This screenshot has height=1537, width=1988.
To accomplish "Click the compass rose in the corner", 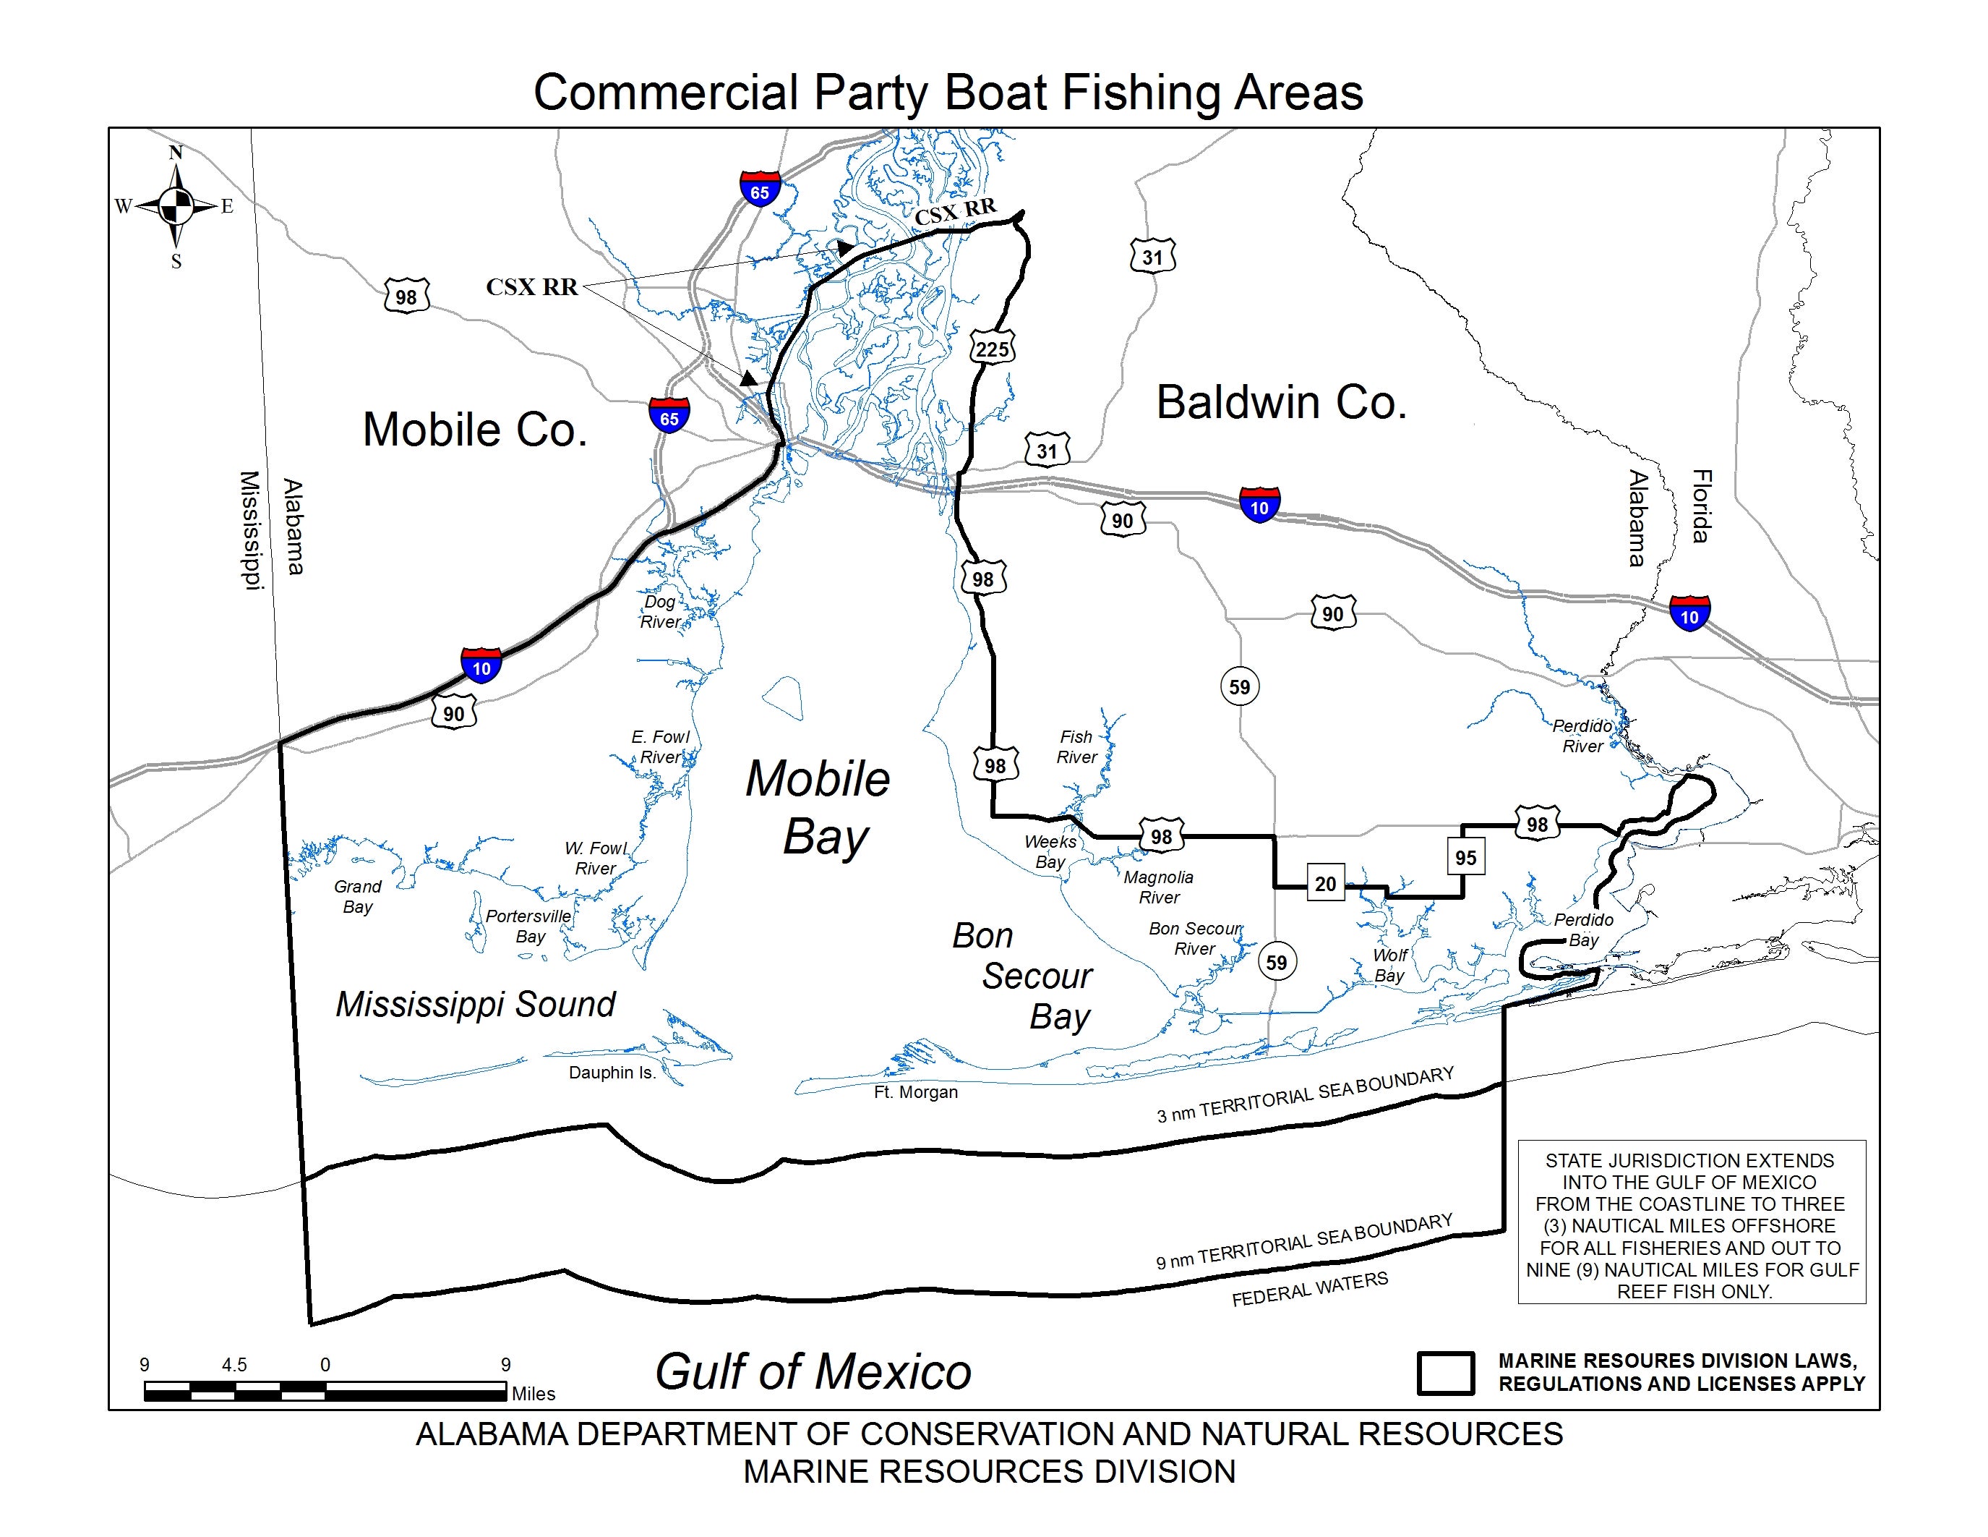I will tap(176, 208).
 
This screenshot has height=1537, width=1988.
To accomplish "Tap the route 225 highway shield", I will tap(991, 349).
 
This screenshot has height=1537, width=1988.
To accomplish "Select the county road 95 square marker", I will tap(1465, 857).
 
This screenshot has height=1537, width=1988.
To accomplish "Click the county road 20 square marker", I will tap(1325, 883).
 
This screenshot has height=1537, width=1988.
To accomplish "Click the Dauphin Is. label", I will tap(612, 1073).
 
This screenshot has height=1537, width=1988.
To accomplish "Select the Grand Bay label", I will tap(358, 896).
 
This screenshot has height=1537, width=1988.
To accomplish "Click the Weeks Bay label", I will tap(1050, 851).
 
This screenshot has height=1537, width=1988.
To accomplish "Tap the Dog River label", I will tap(661, 612).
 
